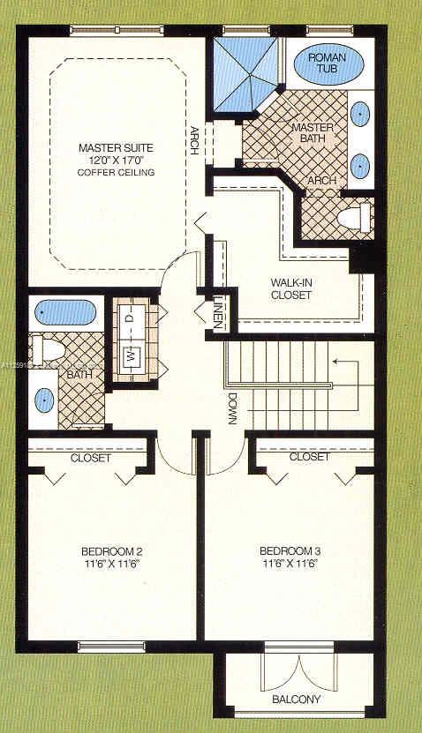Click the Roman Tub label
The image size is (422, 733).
point(327,64)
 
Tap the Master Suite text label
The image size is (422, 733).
point(116,147)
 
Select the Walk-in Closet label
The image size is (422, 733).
point(291,289)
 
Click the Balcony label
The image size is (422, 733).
point(297,699)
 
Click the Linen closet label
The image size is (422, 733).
point(216,314)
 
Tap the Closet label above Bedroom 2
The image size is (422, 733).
point(91,459)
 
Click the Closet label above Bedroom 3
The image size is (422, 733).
point(309,458)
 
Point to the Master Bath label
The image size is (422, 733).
point(312,134)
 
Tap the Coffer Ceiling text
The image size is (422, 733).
point(116,173)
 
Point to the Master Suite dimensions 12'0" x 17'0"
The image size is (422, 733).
point(116,160)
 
